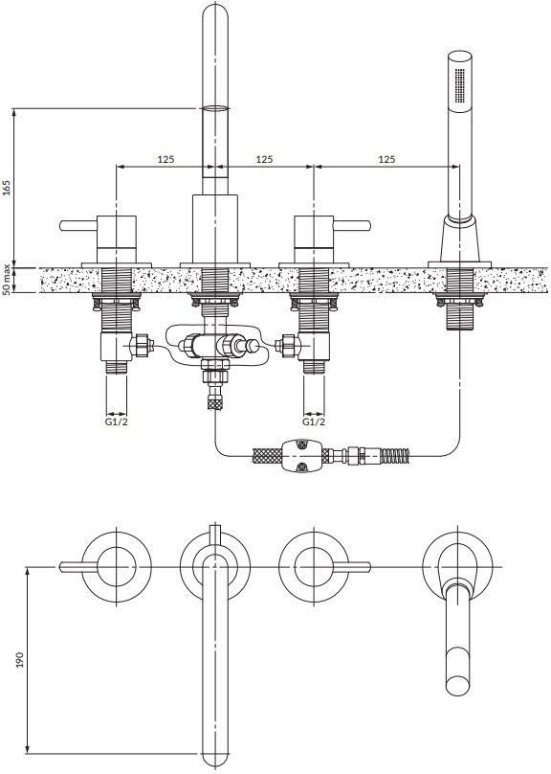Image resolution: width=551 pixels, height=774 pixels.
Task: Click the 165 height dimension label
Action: (x=7, y=188)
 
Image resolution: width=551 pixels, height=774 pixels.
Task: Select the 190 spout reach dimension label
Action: (x=20, y=660)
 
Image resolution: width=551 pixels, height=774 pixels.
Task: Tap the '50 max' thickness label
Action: (x=7, y=280)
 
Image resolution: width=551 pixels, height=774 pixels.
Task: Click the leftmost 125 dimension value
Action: (x=166, y=159)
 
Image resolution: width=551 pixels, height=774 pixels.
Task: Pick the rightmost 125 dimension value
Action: (x=386, y=159)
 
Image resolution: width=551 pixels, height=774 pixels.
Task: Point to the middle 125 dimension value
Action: (x=264, y=159)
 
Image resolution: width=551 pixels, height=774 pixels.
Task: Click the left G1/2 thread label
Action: (x=117, y=421)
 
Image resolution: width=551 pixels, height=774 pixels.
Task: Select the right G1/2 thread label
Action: (x=314, y=421)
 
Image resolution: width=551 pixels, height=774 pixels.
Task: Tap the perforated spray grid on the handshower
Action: (x=459, y=85)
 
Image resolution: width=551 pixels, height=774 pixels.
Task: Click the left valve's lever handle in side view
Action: (x=78, y=225)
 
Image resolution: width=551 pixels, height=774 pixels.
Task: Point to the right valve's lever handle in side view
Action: (x=352, y=225)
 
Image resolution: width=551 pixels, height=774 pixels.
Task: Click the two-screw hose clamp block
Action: (x=300, y=455)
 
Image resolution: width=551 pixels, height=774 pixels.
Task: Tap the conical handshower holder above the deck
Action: (x=459, y=238)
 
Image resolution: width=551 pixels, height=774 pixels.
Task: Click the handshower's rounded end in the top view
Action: (x=459, y=684)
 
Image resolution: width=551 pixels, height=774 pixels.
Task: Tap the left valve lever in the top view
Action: (x=78, y=567)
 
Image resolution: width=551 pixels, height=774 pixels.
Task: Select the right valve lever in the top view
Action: (x=352, y=567)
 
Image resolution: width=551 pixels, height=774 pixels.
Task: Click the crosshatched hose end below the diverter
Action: (x=215, y=403)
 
